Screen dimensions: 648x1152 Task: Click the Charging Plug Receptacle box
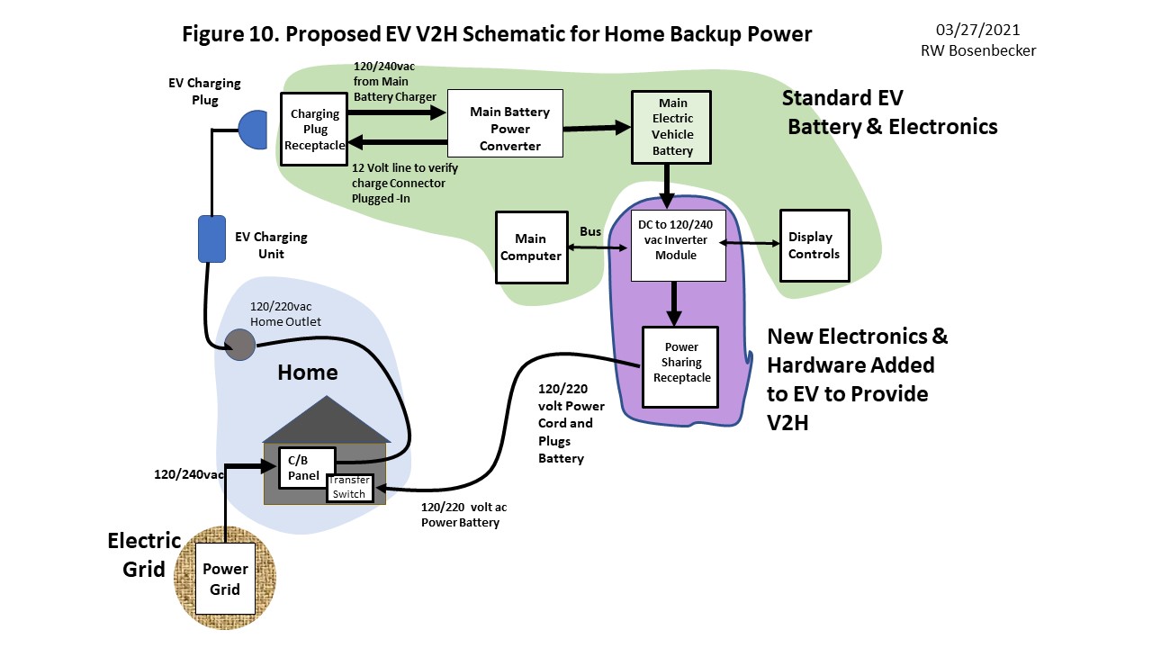coord(314,129)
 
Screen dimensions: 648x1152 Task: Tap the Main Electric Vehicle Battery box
coord(672,126)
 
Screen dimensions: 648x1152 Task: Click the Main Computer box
coord(531,247)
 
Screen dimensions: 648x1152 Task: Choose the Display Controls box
coord(814,246)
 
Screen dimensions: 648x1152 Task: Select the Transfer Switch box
coord(350,487)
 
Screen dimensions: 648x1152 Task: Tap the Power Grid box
coord(224,579)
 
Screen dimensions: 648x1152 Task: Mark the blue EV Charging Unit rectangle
coord(211,238)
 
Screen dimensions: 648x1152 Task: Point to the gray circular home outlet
coord(239,345)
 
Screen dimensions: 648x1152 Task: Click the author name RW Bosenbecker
coord(977,50)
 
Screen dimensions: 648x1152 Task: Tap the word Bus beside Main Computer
coord(589,231)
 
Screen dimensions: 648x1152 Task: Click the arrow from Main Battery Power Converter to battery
coord(597,129)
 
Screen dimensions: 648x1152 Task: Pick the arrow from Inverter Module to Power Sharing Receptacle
coord(674,303)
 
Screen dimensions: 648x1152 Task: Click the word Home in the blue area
coord(308,373)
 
